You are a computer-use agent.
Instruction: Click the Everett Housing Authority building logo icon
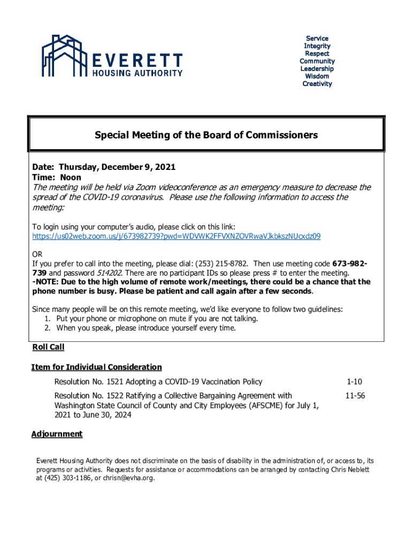click(x=63, y=56)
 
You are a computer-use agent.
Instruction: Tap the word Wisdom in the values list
click(x=317, y=76)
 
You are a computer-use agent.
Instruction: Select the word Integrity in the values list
click(x=317, y=46)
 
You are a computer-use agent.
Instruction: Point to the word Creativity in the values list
click(x=317, y=84)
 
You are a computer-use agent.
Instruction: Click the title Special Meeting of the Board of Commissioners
click(x=206, y=135)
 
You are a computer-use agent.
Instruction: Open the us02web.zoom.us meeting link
click(x=177, y=236)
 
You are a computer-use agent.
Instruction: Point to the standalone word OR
click(x=37, y=254)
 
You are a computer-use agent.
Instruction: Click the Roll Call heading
click(x=48, y=347)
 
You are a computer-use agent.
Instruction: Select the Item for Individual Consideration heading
click(x=96, y=367)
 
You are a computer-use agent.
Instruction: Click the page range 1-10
click(x=354, y=381)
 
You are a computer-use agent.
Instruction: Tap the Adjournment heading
click(x=57, y=434)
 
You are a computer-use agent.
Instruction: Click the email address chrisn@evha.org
click(x=129, y=478)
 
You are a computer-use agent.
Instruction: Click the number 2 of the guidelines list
click(x=48, y=328)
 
